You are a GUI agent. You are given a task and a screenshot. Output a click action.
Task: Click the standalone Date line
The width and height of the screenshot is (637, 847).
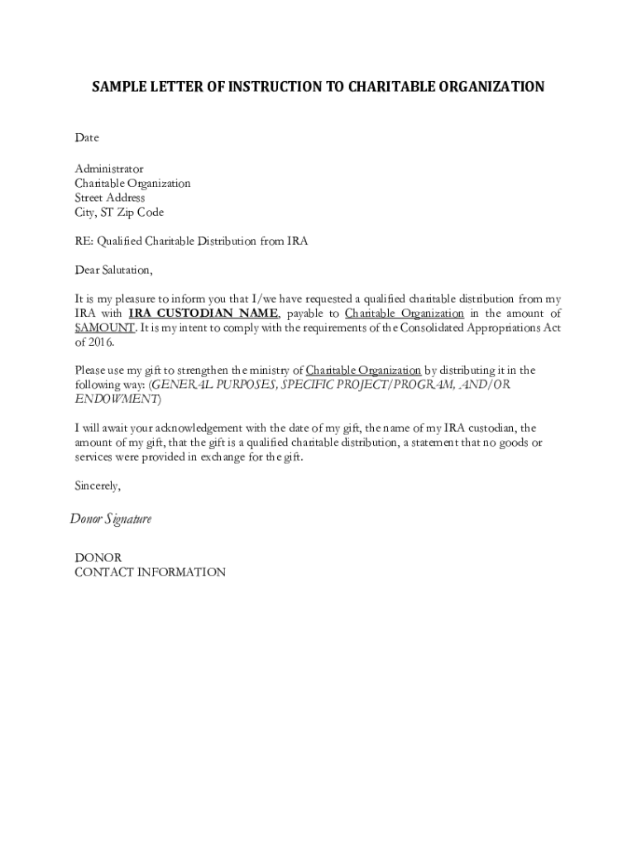tap(87, 137)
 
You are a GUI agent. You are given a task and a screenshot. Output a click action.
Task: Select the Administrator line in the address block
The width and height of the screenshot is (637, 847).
tap(109, 169)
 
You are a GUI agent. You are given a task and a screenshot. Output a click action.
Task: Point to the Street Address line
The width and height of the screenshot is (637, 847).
tap(110, 198)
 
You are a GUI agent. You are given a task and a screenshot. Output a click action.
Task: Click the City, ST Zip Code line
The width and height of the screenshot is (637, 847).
tap(119, 213)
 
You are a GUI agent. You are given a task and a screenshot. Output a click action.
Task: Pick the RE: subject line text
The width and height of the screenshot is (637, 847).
tap(191, 242)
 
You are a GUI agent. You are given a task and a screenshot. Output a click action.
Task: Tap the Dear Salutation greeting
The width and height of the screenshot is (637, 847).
tap(114, 270)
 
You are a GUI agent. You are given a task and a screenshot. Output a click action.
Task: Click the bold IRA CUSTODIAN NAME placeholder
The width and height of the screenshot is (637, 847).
tap(204, 313)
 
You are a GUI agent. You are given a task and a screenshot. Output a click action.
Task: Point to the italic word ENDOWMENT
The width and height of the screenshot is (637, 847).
tap(116, 400)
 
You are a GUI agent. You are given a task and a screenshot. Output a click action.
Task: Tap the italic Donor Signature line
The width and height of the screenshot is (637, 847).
tap(110, 519)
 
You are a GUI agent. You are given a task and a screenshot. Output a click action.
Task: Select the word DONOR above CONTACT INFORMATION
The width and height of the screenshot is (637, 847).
tap(98, 557)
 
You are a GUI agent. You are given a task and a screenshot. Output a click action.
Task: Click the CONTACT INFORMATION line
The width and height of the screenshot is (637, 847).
tap(150, 572)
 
